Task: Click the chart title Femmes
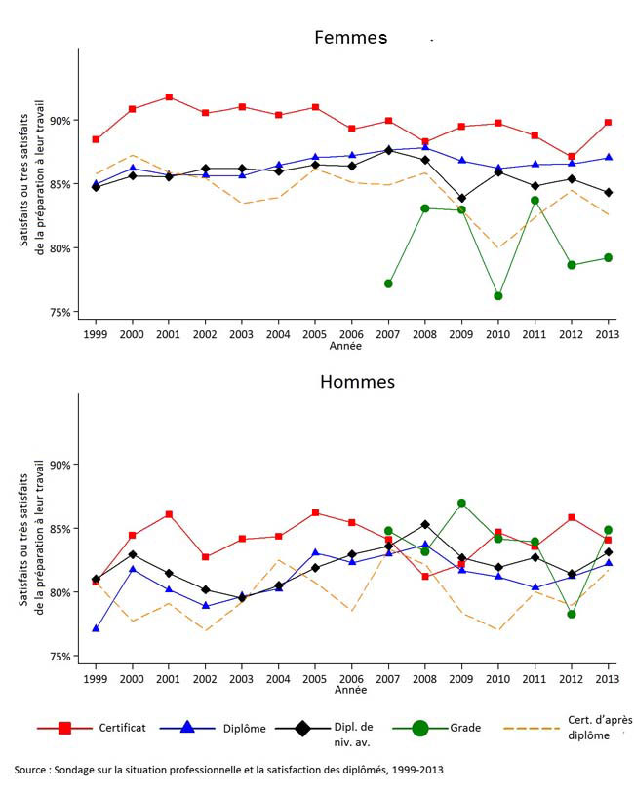point(350,38)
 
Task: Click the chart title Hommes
point(357,381)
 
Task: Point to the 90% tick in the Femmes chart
point(59,120)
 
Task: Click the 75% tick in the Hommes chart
point(59,657)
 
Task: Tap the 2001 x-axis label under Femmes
point(169,333)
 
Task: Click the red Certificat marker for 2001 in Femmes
point(169,97)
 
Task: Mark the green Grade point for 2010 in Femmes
point(498,296)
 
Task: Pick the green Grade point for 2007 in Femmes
point(388,283)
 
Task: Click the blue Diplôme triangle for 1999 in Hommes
point(96,629)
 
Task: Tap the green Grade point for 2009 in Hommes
point(461,504)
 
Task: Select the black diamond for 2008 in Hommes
point(425,525)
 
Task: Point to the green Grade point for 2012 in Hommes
point(572,614)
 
